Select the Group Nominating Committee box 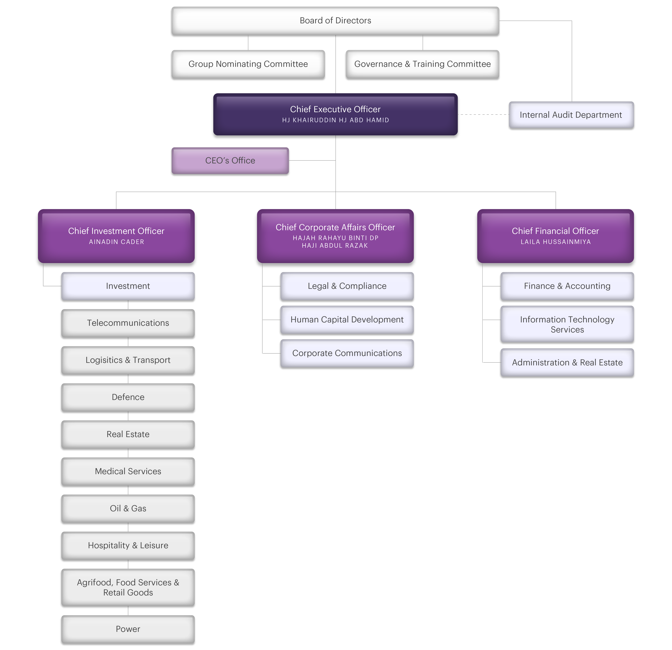[x=248, y=64]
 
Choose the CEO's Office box [x=230, y=161]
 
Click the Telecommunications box [x=128, y=323]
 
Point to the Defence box [x=128, y=397]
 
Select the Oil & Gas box [x=128, y=508]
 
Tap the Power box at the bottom [x=128, y=629]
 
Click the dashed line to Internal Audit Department [x=484, y=115]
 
